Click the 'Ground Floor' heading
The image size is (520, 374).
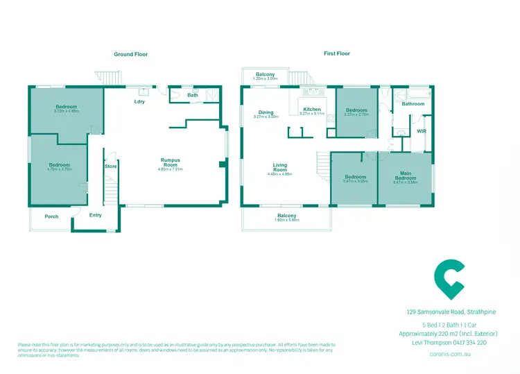coord(130,54)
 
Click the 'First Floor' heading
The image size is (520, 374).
coord(336,54)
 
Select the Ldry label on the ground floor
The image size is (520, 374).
coord(139,102)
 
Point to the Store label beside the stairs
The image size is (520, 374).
coord(110,167)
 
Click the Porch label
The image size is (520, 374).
coord(52,216)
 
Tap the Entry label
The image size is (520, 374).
coord(95,215)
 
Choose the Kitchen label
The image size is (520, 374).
coord(312,109)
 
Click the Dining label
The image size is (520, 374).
coord(266,112)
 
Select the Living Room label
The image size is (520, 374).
coord(279,167)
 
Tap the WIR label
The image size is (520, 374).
coord(421,130)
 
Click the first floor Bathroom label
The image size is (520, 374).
coord(414,104)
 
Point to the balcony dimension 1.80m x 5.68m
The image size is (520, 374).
coord(287,221)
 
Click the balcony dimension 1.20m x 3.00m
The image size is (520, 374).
coord(266,79)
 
